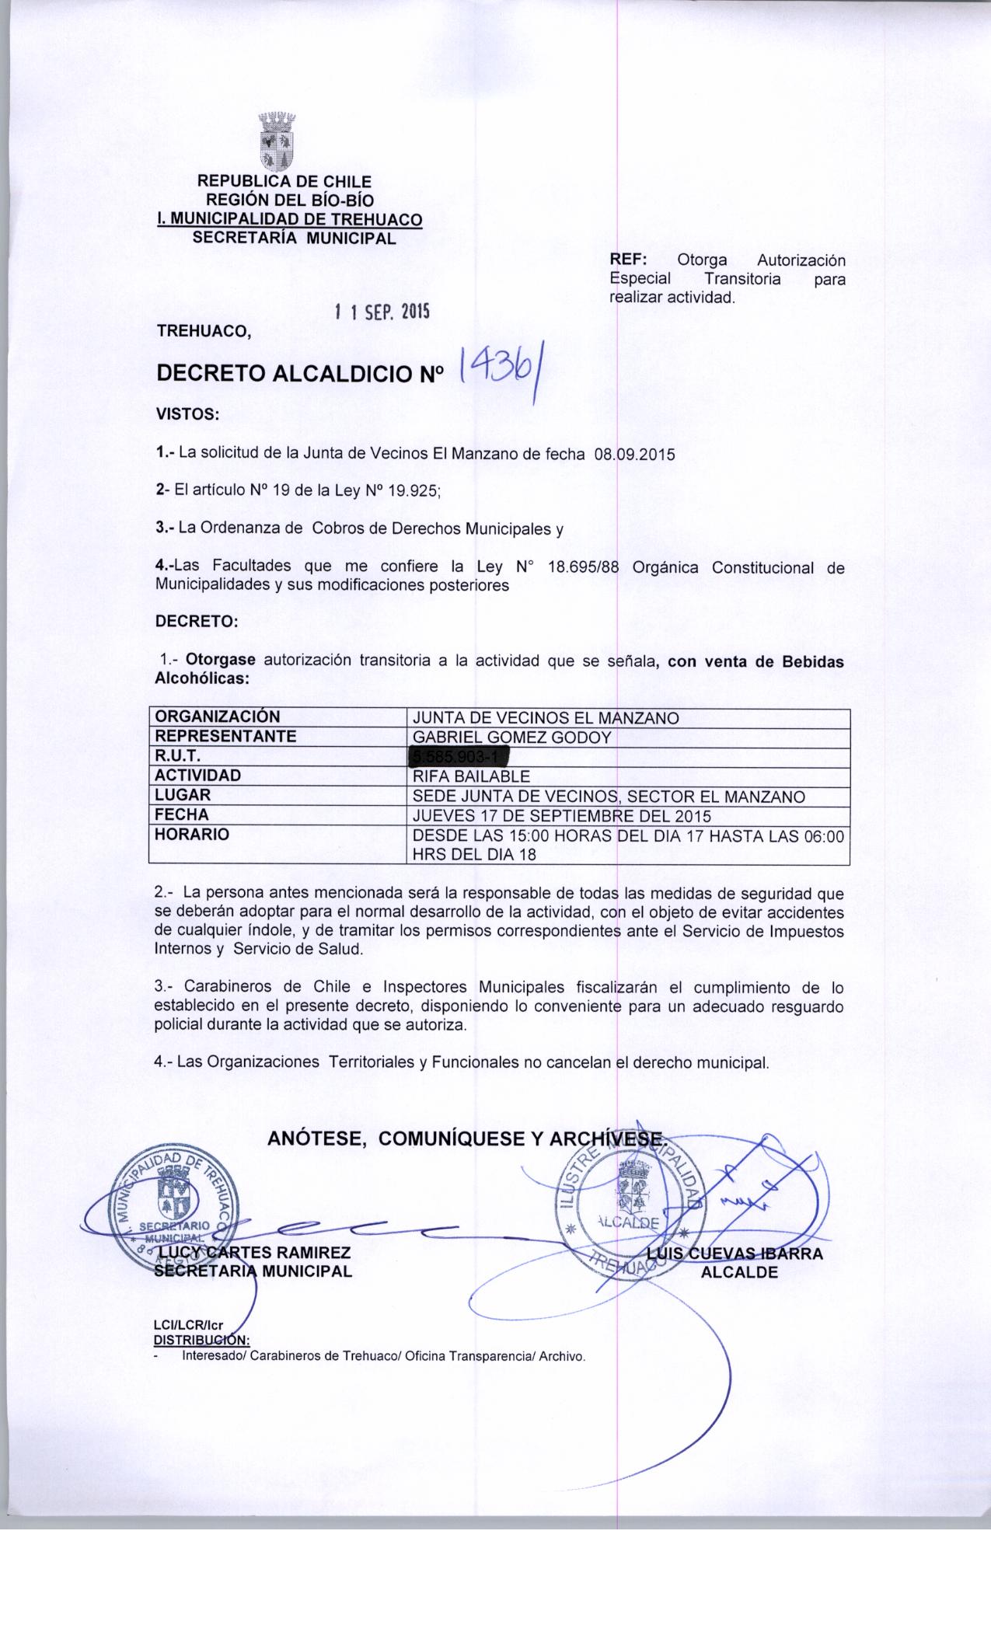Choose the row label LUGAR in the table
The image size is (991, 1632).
coord(183,795)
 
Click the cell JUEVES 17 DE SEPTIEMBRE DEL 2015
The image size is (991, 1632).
coord(562,815)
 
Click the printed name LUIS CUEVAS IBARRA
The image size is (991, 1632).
coord(735,1254)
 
